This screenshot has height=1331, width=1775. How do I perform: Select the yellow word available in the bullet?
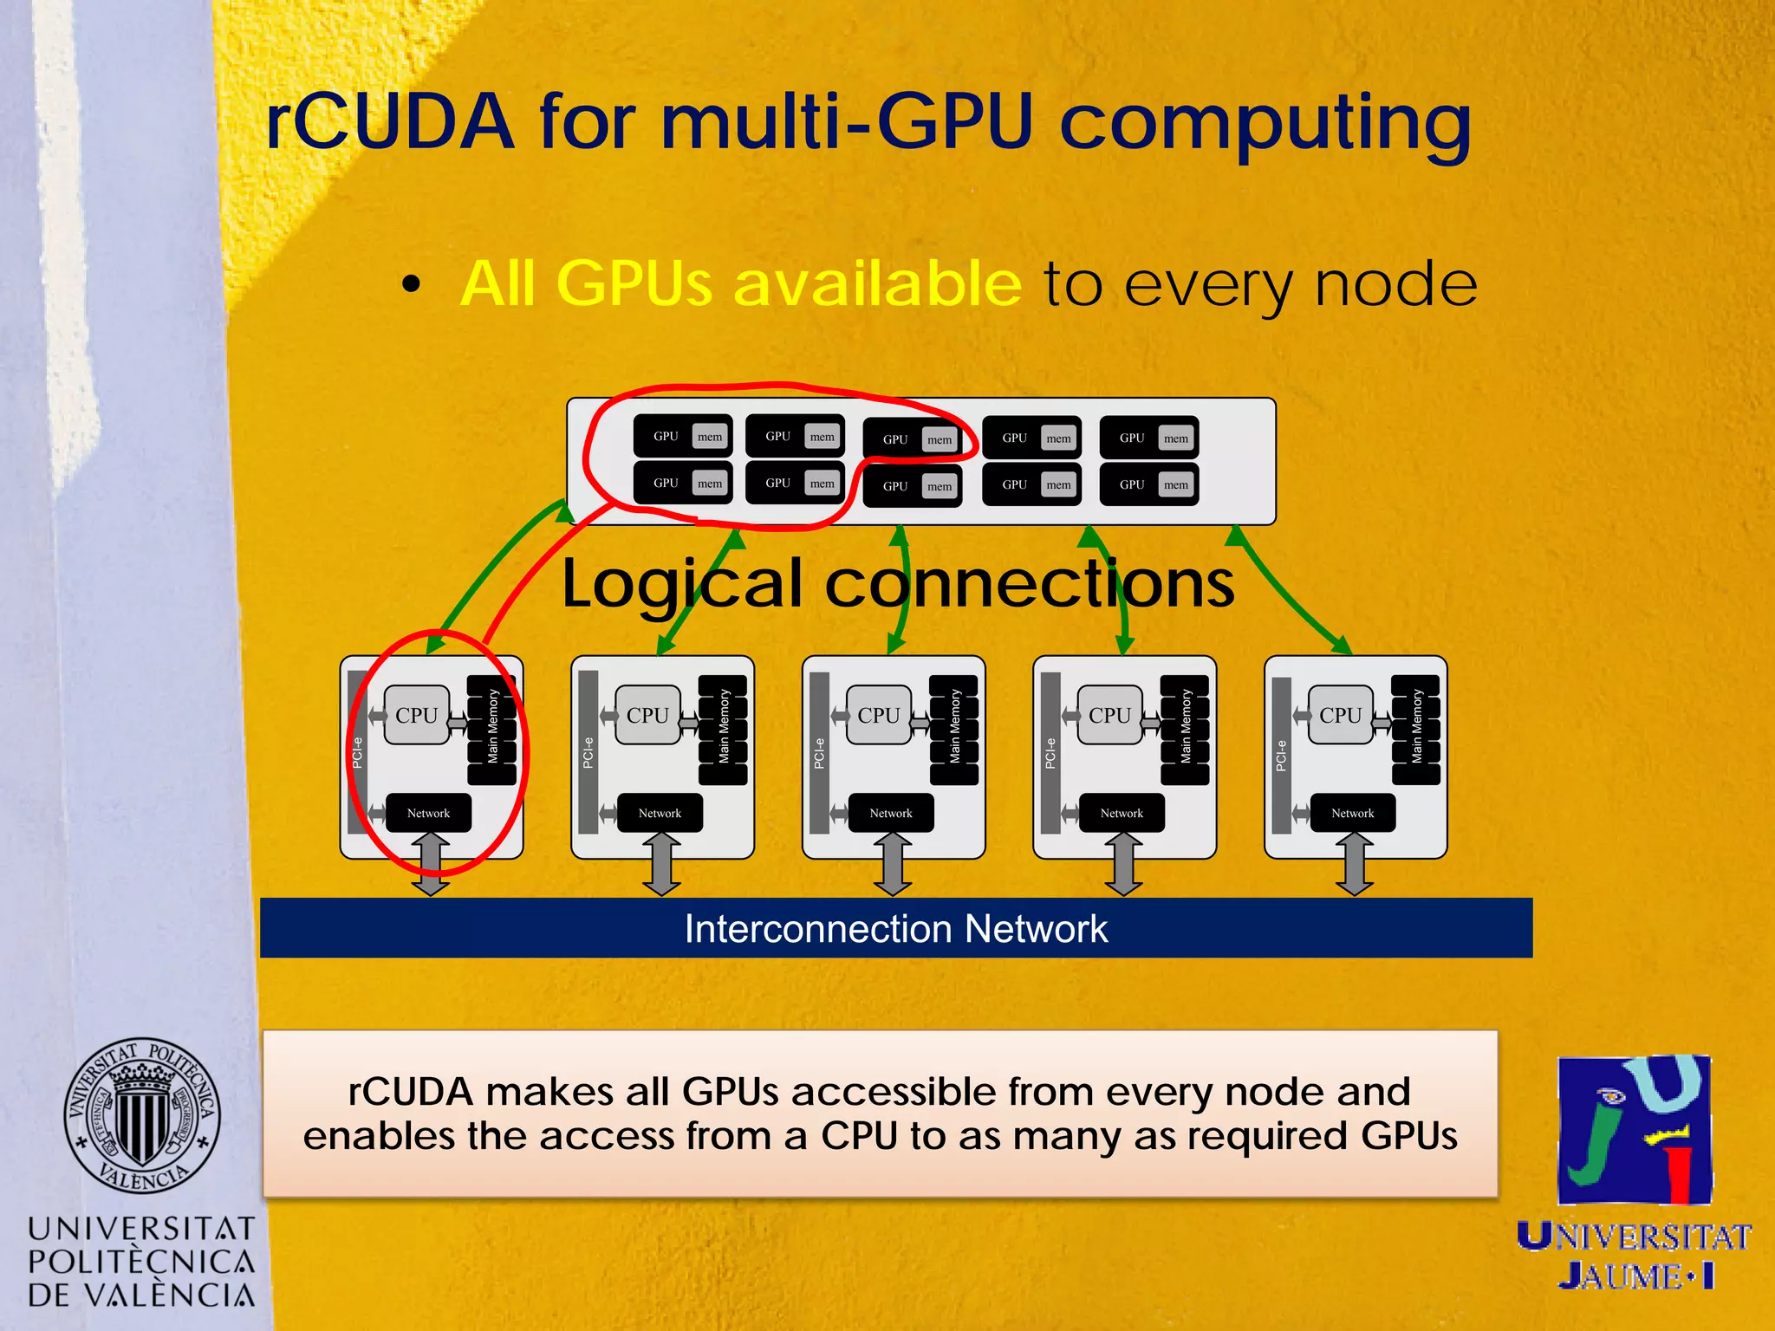click(x=876, y=283)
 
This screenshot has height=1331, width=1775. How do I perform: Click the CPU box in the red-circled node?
click(x=417, y=715)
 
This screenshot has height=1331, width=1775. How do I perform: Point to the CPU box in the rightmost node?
click(x=1340, y=715)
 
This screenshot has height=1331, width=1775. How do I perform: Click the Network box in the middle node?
click(x=891, y=813)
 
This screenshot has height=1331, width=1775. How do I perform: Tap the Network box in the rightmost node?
click(x=1352, y=813)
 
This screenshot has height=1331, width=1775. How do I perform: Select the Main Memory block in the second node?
click(x=723, y=728)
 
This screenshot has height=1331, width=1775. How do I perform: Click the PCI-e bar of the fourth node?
click(x=1050, y=752)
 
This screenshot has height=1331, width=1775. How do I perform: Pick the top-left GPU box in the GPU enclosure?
click(x=683, y=436)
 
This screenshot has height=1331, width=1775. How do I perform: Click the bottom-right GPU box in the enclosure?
click(x=1148, y=484)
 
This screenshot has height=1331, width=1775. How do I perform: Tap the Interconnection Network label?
click(x=896, y=929)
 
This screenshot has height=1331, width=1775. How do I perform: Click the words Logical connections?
click(x=898, y=583)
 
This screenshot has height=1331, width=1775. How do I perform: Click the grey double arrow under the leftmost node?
click(x=430, y=864)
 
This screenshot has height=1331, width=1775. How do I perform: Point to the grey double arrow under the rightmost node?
click(x=1354, y=864)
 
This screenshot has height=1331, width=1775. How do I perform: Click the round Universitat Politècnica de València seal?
click(x=142, y=1114)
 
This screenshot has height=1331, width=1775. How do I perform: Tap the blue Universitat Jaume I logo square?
click(x=1635, y=1130)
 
